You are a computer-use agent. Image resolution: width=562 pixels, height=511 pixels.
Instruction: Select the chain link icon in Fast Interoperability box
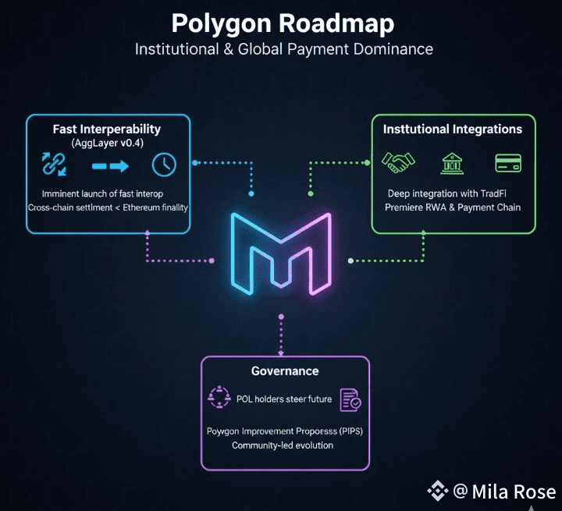(x=54, y=165)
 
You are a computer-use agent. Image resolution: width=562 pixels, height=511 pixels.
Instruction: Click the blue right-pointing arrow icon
(x=109, y=165)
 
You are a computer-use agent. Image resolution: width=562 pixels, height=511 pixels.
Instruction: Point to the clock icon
(x=165, y=165)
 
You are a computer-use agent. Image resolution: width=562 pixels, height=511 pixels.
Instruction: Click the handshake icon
(x=397, y=163)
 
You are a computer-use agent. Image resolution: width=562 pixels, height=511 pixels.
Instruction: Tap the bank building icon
(x=452, y=163)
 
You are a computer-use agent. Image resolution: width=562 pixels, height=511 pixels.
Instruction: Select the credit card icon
(x=508, y=163)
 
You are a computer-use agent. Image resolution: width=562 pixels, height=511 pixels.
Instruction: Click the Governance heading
(x=285, y=371)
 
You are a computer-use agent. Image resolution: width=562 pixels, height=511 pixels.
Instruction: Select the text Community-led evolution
(x=283, y=445)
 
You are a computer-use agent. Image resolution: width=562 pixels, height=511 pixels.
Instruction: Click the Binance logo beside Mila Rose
(x=437, y=491)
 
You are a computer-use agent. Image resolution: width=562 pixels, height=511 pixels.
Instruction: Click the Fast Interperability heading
(x=107, y=129)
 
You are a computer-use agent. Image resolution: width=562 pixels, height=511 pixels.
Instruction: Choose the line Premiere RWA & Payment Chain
(x=453, y=208)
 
